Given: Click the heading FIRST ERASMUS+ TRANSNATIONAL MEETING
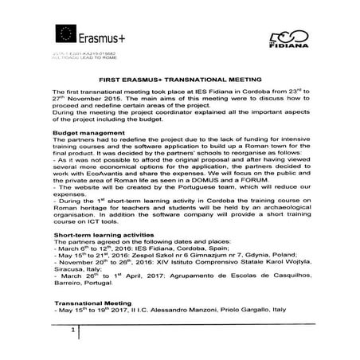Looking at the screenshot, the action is click(x=178, y=80).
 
